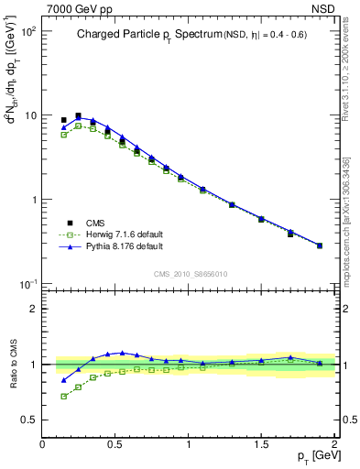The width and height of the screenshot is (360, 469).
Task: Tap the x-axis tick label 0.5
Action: pos(115,445)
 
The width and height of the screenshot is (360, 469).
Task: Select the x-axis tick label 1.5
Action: pos(261,445)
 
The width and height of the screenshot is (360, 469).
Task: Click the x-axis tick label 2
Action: pos(334,445)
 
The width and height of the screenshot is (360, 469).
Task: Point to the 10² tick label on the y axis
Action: pos(27,31)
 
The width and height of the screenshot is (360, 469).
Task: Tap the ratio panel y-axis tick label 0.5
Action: pos(28,420)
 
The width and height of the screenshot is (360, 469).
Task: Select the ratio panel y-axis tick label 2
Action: pos(33,309)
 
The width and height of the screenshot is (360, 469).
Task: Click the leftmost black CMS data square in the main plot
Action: pos(63,120)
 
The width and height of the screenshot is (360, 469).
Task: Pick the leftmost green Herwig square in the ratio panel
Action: pos(63,396)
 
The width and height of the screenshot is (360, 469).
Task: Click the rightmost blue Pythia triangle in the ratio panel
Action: pos(319,363)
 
